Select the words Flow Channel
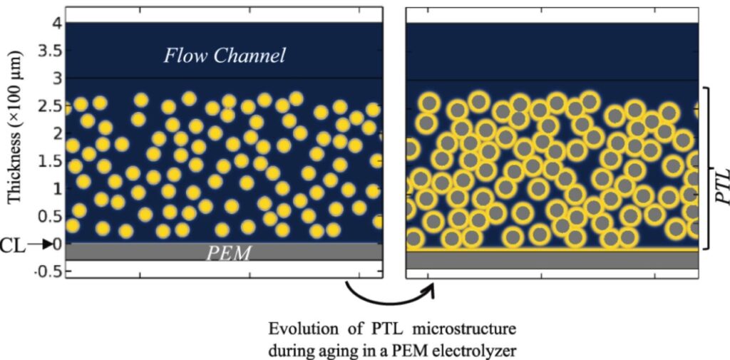225,55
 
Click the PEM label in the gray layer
228,252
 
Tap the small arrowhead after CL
48,245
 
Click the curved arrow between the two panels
389,294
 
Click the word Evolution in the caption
297,330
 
